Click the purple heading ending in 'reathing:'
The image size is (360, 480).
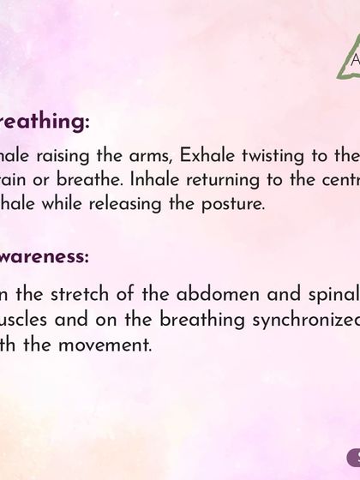[45, 123]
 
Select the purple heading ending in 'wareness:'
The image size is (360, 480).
[45, 256]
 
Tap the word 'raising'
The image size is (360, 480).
[69, 156]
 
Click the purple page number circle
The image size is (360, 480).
[353, 459]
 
